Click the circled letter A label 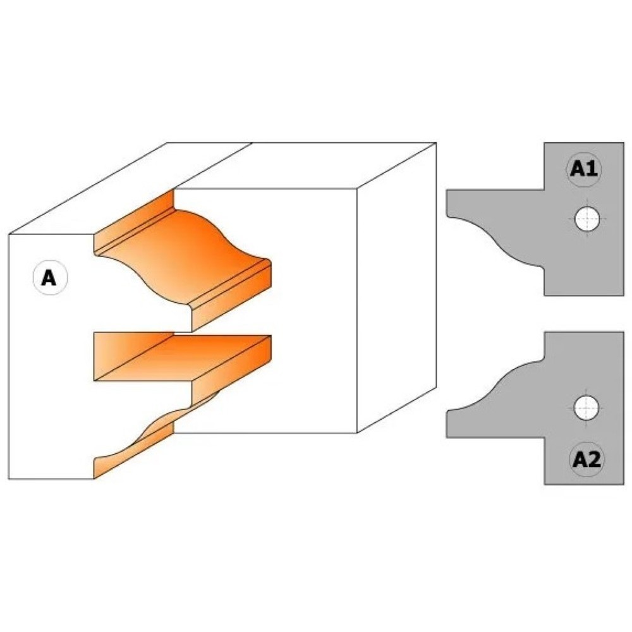pos(50,277)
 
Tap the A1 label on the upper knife pos(583,169)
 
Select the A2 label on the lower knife pos(586,459)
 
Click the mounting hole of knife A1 pos(587,219)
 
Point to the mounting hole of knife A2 pos(586,408)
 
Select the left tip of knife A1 pos(447,204)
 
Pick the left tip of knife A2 pos(447,423)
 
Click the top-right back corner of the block pos(436,143)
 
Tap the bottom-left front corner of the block pos(9,479)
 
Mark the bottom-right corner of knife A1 pos(624,295)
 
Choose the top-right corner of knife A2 pos(624,332)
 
